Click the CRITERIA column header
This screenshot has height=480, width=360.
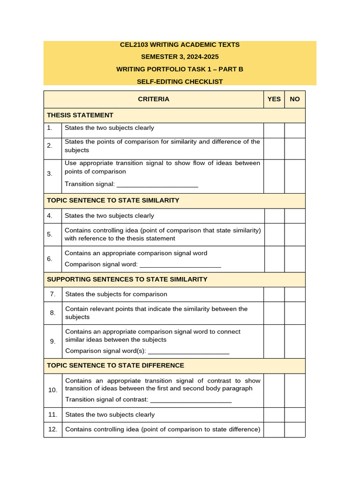click(x=153, y=99)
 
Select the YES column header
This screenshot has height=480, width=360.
click(x=274, y=99)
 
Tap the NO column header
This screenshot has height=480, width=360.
click(x=295, y=99)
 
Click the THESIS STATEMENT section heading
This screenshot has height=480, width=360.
click(x=80, y=115)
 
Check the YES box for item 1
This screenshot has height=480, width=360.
click(x=274, y=130)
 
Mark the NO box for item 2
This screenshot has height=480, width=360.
click(x=295, y=148)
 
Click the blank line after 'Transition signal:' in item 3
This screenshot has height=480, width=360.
click(x=157, y=184)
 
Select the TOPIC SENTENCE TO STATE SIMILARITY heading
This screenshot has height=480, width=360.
click(x=113, y=201)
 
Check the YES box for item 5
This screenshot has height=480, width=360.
click(x=274, y=234)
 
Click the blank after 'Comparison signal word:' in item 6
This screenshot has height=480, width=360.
click(x=180, y=264)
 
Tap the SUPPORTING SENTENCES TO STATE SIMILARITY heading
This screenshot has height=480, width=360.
click(x=127, y=279)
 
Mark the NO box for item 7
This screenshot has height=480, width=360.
click(x=295, y=294)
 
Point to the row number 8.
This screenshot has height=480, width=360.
click(x=53, y=313)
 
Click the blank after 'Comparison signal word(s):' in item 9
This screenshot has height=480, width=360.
click(x=188, y=351)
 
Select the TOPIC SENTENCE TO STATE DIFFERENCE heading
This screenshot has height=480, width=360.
click(x=115, y=366)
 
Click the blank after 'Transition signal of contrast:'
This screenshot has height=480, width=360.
click(x=191, y=400)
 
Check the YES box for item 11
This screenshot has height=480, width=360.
click(x=274, y=415)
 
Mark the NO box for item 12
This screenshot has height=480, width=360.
click(x=295, y=430)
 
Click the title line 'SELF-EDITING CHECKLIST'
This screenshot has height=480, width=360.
click(x=180, y=82)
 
